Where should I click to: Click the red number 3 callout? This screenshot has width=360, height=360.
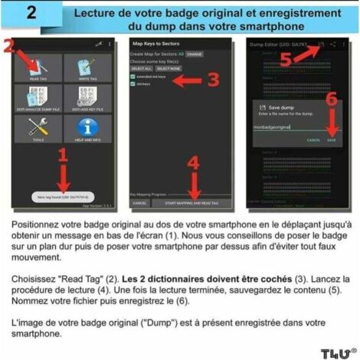(x=212, y=79)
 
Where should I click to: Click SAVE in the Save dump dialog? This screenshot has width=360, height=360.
(x=331, y=139)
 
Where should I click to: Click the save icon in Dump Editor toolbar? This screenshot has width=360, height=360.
(x=321, y=45)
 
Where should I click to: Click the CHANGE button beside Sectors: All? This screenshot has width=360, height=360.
(x=195, y=54)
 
